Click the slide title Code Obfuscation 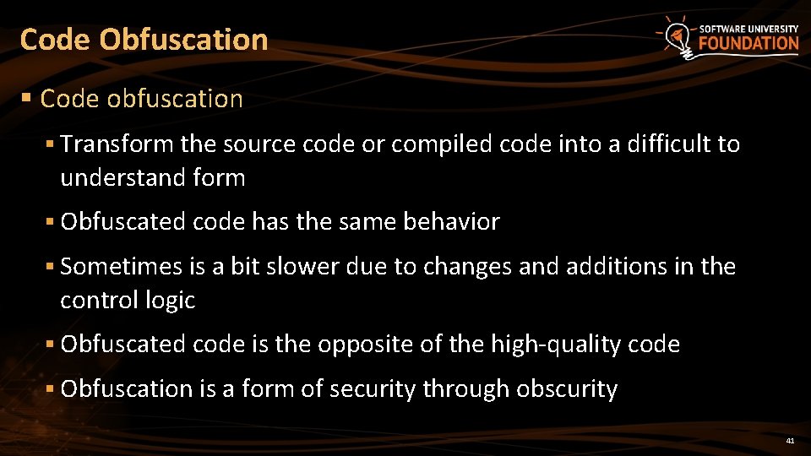click(x=144, y=40)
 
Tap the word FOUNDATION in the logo click(x=748, y=44)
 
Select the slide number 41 click(x=790, y=441)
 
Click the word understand click(x=112, y=178)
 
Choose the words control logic click(x=128, y=301)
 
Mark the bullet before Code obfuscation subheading click(x=27, y=99)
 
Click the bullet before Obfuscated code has click(x=51, y=222)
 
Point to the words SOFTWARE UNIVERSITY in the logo click(x=748, y=28)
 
